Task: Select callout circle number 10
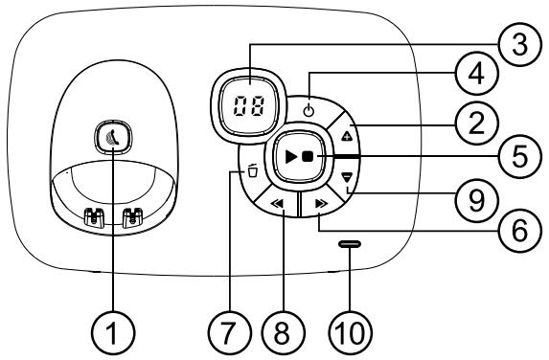[351, 334]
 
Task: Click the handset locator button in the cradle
[112, 139]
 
